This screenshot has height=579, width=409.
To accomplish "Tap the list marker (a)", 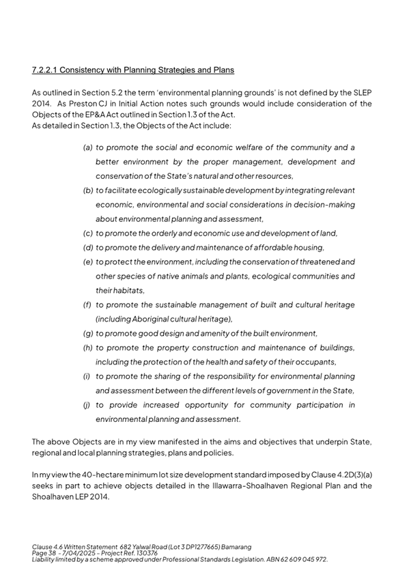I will [88, 147].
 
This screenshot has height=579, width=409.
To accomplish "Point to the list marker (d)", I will [88, 247].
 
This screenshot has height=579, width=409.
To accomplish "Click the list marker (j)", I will [88, 405].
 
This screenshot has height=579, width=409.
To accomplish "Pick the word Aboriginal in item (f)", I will [158, 319].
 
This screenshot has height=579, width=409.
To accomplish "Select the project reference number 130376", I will [143, 552].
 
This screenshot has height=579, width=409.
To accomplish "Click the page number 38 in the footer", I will [51, 552].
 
